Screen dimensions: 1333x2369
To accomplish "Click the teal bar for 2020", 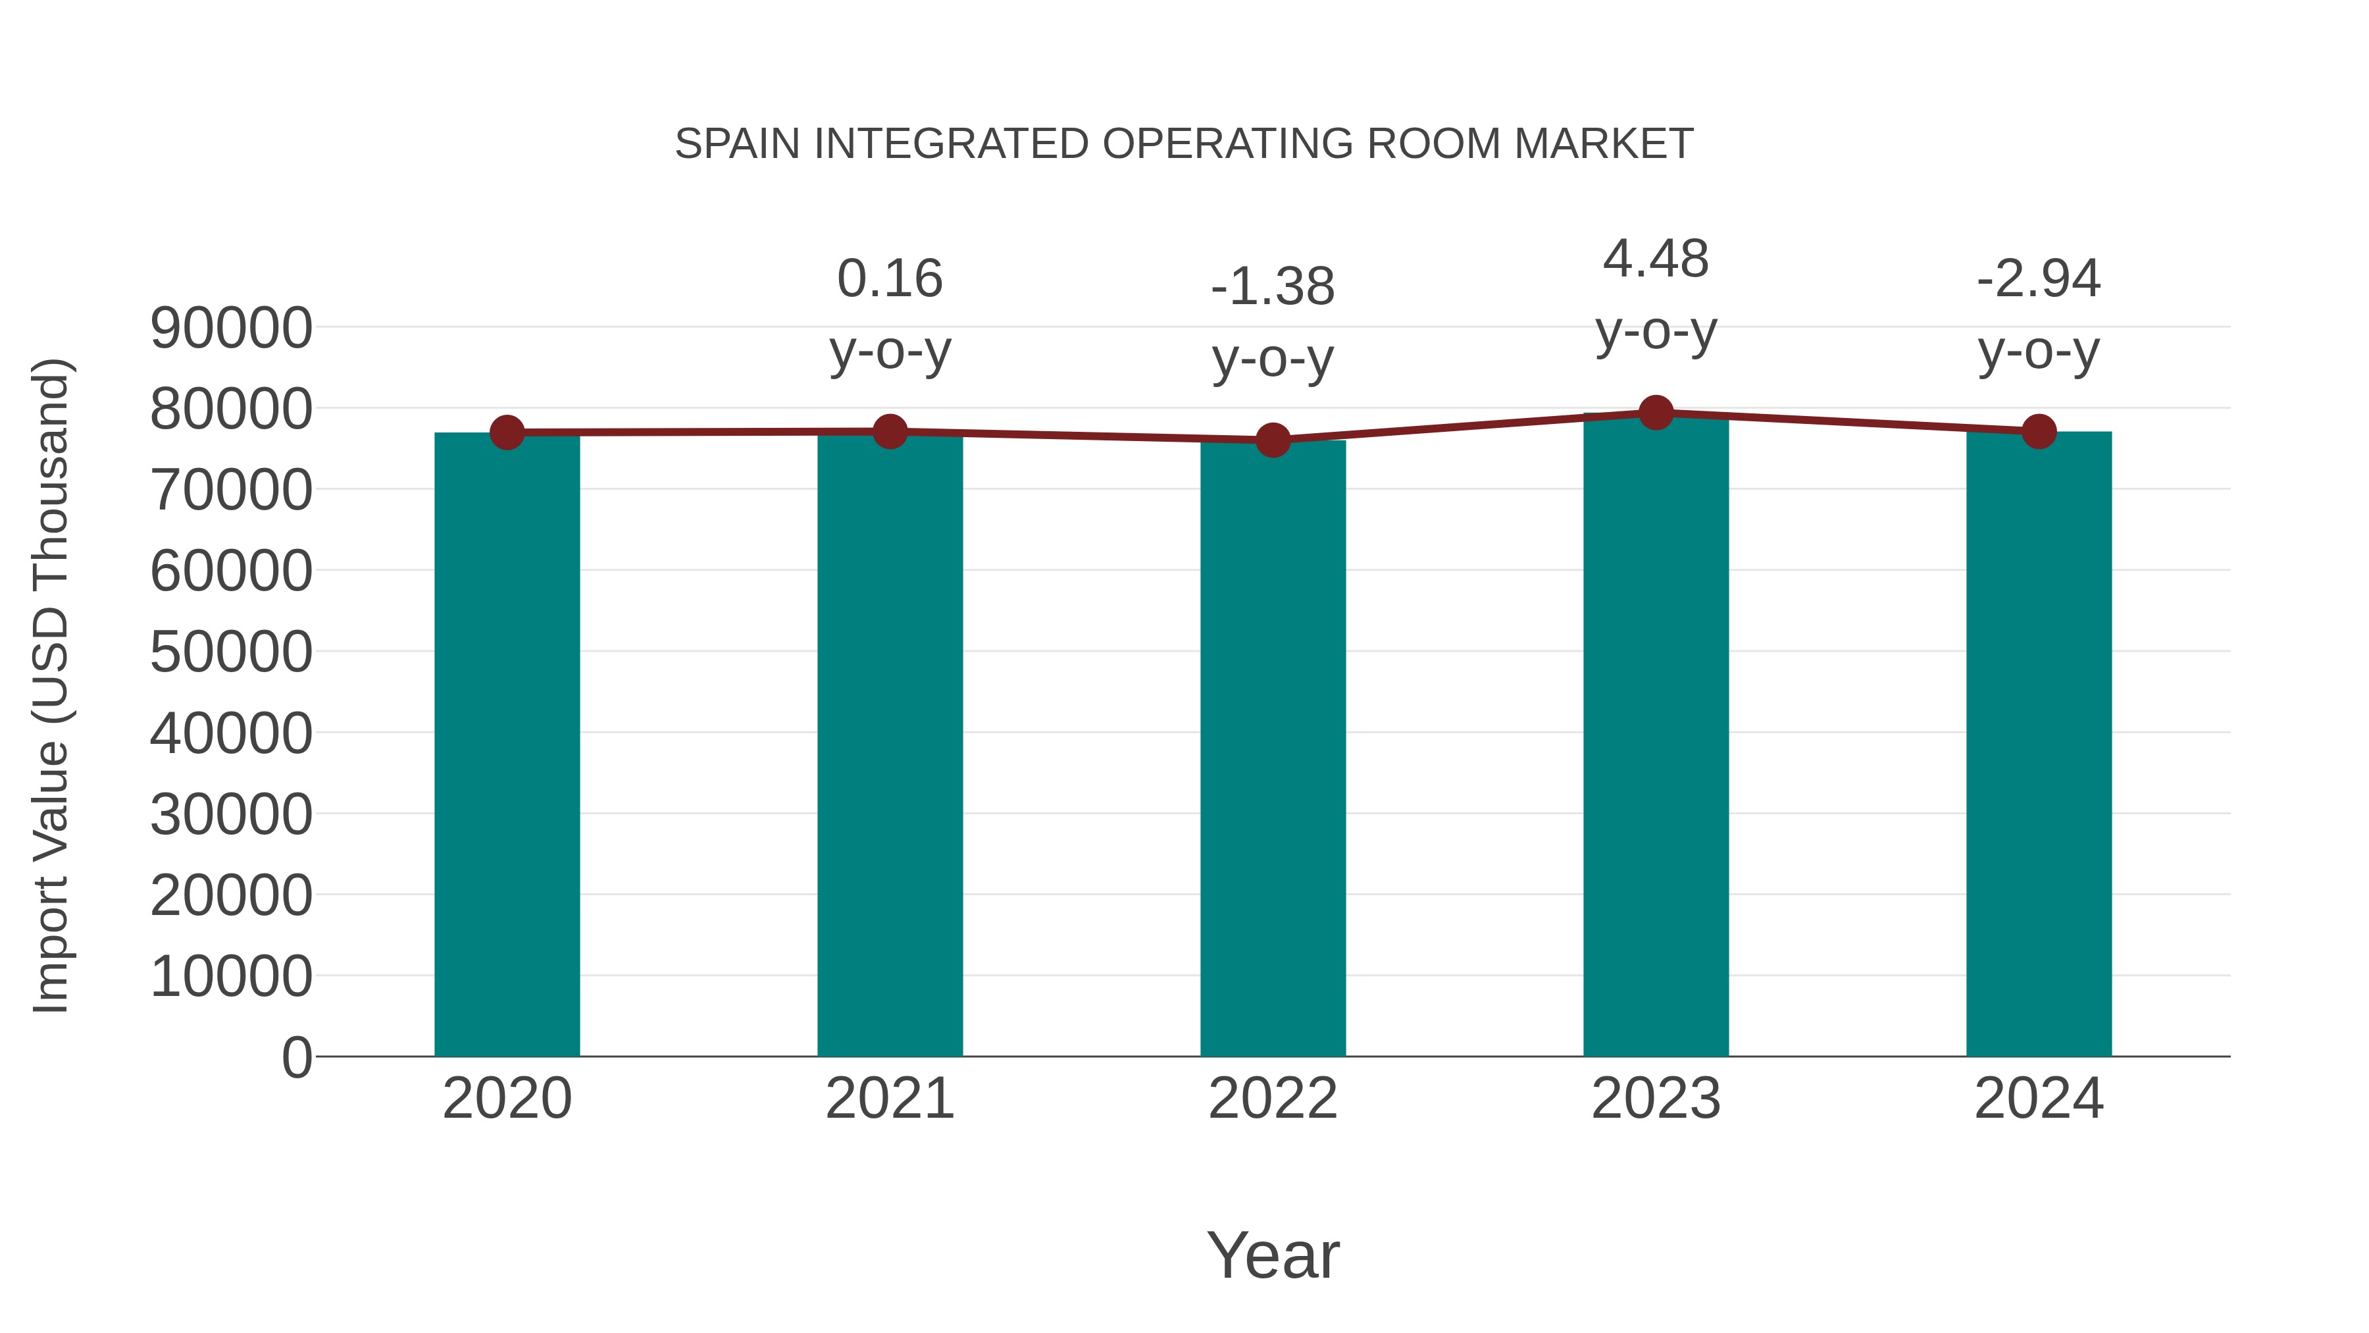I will click(x=507, y=745).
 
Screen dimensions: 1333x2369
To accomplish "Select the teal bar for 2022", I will click(x=1273, y=750).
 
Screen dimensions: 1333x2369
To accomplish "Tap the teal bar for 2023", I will click(x=1656, y=736).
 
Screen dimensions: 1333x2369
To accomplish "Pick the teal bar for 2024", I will click(x=2039, y=745).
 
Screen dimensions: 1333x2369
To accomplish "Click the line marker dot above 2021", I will click(x=889, y=431).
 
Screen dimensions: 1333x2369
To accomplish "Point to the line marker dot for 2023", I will click(x=1656, y=413).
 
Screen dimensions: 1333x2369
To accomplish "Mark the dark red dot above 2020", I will click(x=507, y=432).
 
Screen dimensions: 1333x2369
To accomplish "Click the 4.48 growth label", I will click(x=1656, y=259).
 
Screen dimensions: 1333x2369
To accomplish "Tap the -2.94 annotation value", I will click(x=2039, y=278).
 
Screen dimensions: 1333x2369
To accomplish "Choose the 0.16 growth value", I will click(x=889, y=278).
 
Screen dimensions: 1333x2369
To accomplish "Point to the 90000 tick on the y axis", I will click(x=231, y=328).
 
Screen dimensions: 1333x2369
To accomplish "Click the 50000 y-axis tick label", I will click(x=231, y=652).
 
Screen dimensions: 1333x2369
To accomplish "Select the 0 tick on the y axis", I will click(x=297, y=1057).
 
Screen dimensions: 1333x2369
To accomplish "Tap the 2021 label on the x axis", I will click(x=889, y=1099).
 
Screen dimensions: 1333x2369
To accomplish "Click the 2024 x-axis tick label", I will click(x=2039, y=1099).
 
